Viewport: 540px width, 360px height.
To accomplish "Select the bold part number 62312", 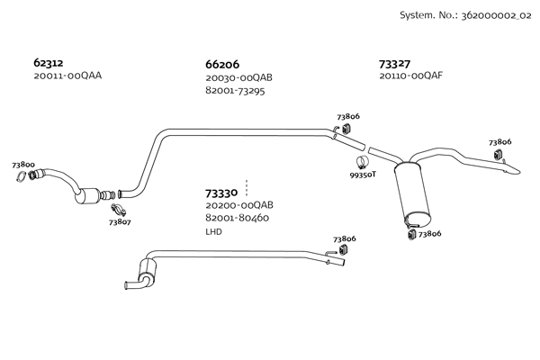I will coord(48,64).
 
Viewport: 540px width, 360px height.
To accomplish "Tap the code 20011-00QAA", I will coord(67,76).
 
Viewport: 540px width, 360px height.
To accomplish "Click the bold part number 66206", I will coord(222,65).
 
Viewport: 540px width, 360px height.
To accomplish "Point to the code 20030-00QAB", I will coord(238,78).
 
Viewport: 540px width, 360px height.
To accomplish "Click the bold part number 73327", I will coord(395,64).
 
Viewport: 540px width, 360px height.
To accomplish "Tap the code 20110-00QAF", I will coord(411,76).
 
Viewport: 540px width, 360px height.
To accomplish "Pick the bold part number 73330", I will coord(221,193).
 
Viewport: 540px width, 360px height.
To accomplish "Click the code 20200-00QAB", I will coord(238,205).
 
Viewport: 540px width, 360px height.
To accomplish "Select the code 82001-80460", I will coord(237,218).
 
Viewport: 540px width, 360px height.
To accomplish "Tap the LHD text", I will coord(213,231).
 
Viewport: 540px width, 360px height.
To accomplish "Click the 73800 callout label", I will coord(23,165).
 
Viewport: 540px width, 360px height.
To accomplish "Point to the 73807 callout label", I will coord(120,221).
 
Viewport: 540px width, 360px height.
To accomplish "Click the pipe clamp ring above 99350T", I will coord(362,163).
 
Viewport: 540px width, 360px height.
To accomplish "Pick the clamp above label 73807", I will coord(117,210).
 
